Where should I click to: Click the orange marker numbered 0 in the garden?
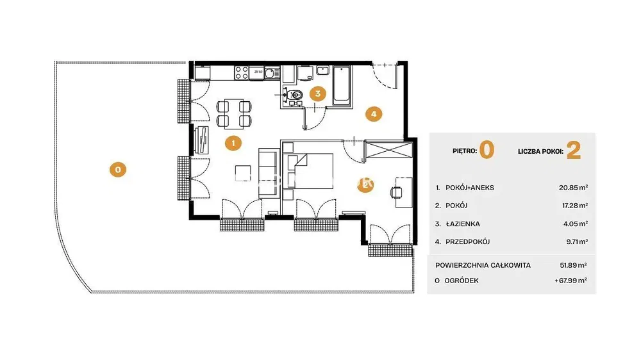pyautogui.click(x=118, y=169)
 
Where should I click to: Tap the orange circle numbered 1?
pyautogui.click(x=233, y=143)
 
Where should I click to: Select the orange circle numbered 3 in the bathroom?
pyautogui.click(x=318, y=94)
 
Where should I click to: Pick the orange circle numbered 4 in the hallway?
pyautogui.click(x=374, y=114)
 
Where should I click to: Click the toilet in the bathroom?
pyautogui.click(x=296, y=95)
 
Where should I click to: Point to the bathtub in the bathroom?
pyautogui.click(x=342, y=86)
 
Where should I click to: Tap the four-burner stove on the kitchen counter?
pyautogui.click(x=241, y=73)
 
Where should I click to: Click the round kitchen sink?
pyautogui.click(x=270, y=74)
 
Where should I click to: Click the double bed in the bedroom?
pyautogui.click(x=310, y=171)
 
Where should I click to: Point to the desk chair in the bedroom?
pyautogui.click(x=396, y=192)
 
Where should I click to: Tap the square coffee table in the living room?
pyautogui.click(x=243, y=173)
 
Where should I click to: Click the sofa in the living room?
pyautogui.click(x=268, y=173)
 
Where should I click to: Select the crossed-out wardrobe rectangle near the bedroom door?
pyautogui.click(x=388, y=149)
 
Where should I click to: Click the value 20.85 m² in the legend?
pyautogui.click(x=574, y=188)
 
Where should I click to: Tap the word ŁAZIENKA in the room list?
pyautogui.click(x=463, y=224)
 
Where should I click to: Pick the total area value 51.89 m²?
pyautogui.click(x=573, y=265)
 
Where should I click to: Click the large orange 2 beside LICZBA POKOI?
pyautogui.click(x=574, y=151)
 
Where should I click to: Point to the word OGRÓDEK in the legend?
pyautogui.click(x=461, y=281)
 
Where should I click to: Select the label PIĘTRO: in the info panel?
pyautogui.click(x=464, y=151)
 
